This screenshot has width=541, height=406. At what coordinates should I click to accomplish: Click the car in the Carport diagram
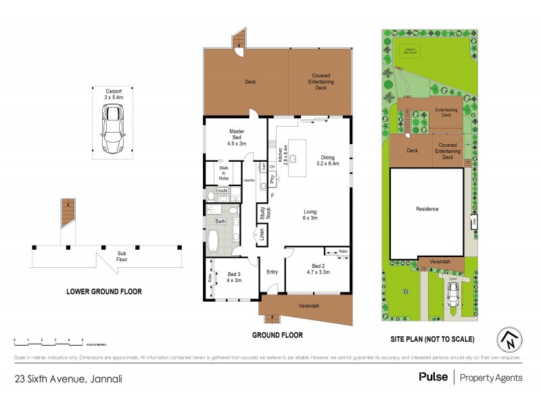tap(112, 130)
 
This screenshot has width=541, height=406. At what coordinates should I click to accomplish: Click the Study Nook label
tap(262, 213)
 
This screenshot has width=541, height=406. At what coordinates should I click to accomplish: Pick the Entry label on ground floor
tap(272, 272)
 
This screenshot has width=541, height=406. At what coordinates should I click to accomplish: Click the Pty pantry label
tap(272, 181)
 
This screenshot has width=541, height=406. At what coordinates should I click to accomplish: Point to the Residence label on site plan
tap(427, 209)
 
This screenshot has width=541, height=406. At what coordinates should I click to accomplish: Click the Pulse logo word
tap(433, 378)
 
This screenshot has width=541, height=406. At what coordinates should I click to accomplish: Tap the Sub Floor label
tap(122, 256)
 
